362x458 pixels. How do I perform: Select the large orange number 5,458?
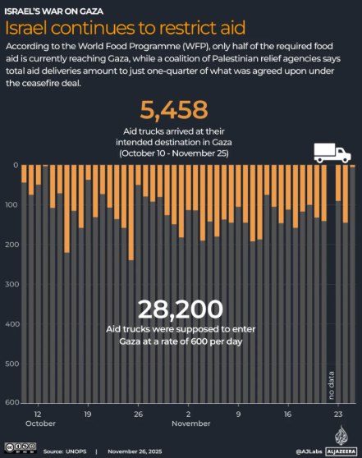coord(174,109)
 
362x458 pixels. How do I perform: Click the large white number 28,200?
coord(180,309)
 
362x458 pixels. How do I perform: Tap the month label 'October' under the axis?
coord(39,424)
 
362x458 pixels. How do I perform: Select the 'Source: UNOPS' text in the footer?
coord(64,451)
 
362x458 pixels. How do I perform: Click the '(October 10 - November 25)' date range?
coord(173,153)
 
